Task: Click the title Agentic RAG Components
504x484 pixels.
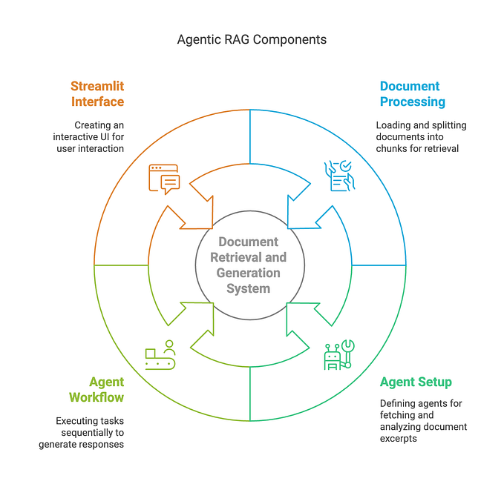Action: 252,39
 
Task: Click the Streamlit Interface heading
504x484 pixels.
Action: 97,94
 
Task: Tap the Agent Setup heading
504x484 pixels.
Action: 416,382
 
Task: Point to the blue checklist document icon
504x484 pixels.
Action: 340,176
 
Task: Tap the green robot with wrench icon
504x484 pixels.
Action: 339,355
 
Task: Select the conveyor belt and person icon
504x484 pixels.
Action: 160,355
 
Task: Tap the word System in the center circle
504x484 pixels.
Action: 249,288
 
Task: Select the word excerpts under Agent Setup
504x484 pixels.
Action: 400,438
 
